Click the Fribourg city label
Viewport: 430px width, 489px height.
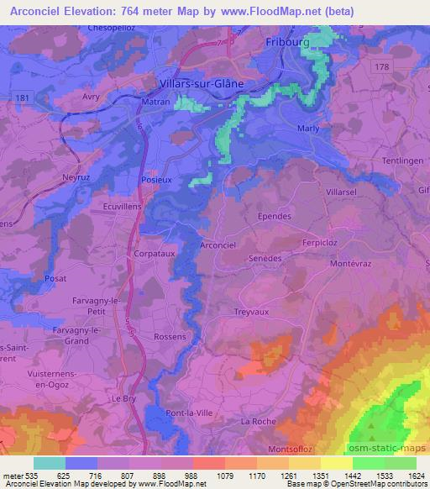288,41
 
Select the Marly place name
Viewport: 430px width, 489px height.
309,129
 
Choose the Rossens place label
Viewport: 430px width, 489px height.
170,336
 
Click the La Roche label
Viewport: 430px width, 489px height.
258,421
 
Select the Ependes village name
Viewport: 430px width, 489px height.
274,215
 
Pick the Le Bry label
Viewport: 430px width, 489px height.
124,398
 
